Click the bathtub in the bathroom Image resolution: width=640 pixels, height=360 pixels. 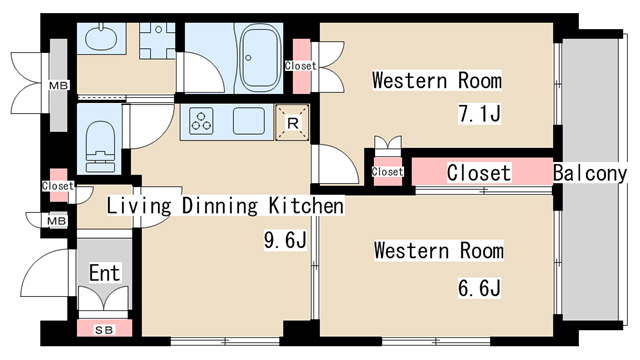pyautogui.click(x=260, y=57)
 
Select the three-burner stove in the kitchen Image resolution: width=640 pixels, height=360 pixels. pyautogui.click(x=201, y=121)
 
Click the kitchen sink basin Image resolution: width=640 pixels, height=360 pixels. pyautogui.click(x=248, y=121)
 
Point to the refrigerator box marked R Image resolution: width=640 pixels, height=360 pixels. pyautogui.click(x=292, y=122)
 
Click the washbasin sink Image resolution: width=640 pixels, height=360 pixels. pyautogui.click(x=101, y=38)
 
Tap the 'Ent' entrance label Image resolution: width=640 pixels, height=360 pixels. pyautogui.click(x=105, y=273)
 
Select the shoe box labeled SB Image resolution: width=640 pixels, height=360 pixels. pyautogui.click(x=104, y=329)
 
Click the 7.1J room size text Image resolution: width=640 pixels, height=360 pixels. pyautogui.click(x=479, y=113)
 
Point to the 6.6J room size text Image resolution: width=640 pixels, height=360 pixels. pyautogui.click(x=479, y=288)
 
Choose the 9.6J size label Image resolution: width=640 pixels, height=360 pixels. pyautogui.click(x=285, y=240)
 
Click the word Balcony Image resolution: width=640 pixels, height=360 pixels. pyautogui.click(x=590, y=173)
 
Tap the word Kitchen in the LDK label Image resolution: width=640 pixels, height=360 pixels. pyautogui.click(x=306, y=205)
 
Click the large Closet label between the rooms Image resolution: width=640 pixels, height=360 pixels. pyautogui.click(x=479, y=173)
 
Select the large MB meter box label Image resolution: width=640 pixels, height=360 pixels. pyautogui.click(x=59, y=86)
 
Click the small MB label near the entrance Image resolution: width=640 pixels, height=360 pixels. pyautogui.click(x=57, y=221)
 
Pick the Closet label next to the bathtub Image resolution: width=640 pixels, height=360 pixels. pyautogui.click(x=301, y=65)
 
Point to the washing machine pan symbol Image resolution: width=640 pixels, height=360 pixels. pyautogui.click(x=158, y=40)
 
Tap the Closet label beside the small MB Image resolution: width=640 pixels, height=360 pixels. pyautogui.click(x=58, y=186)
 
